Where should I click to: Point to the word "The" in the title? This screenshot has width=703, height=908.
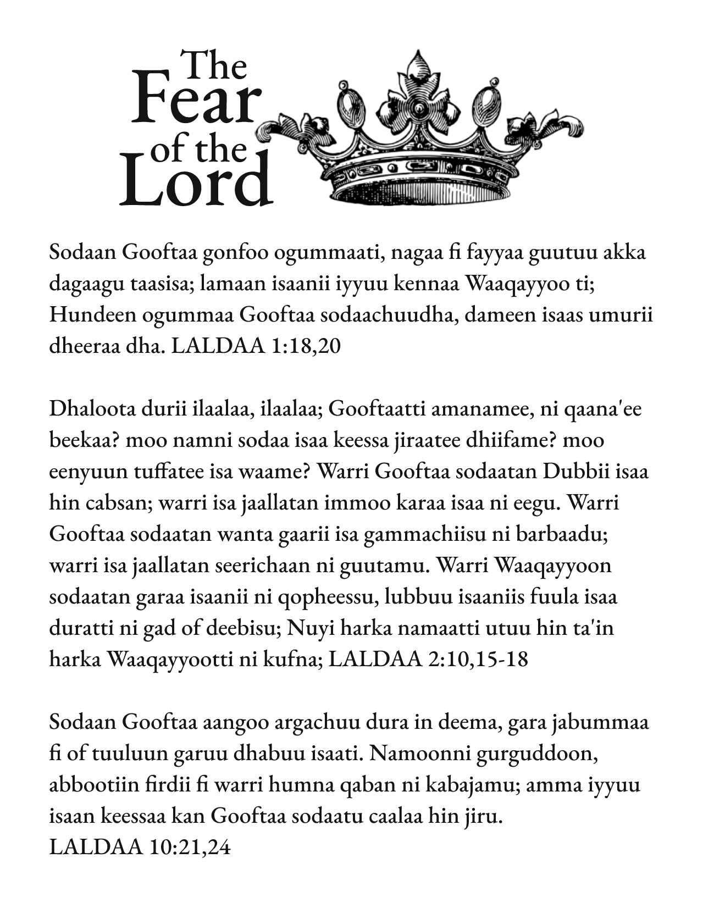pos(214,65)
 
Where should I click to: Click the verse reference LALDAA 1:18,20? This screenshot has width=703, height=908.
pos(256,346)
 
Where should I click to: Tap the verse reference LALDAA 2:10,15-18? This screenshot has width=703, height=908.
pos(428,659)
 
